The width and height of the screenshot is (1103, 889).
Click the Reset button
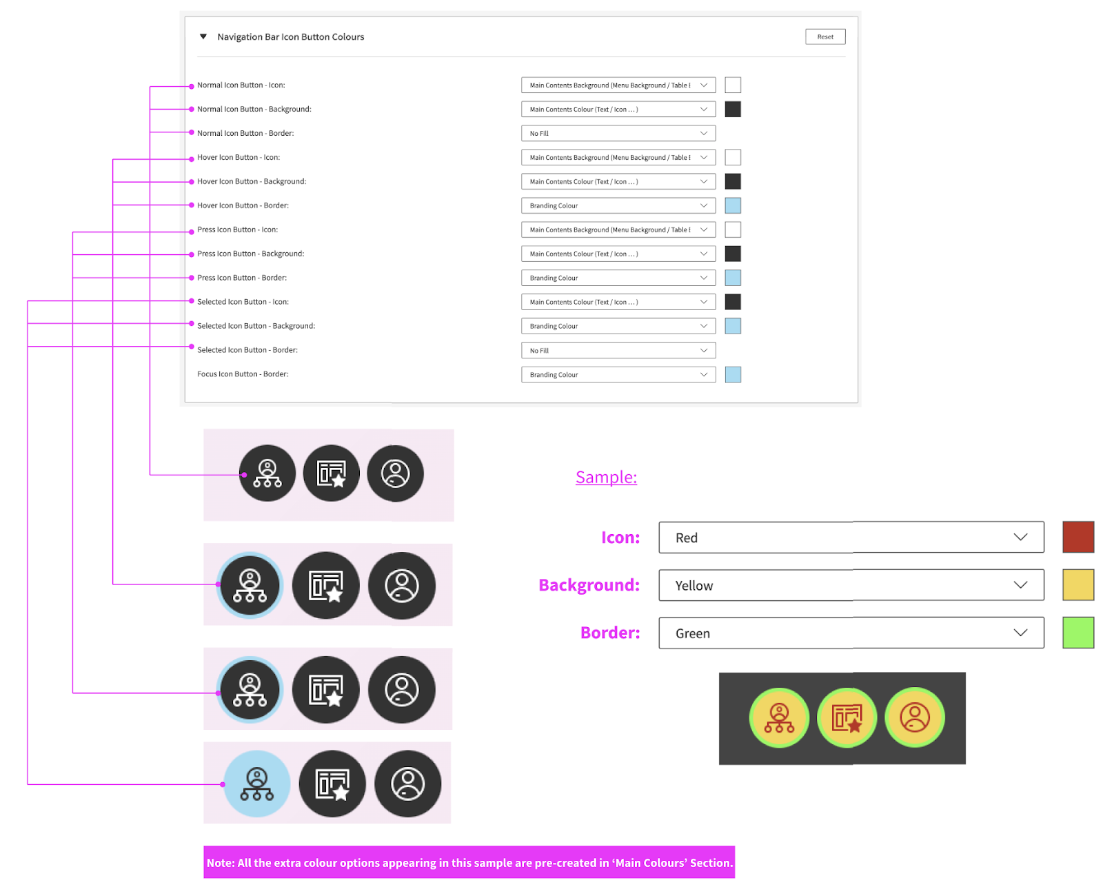(824, 37)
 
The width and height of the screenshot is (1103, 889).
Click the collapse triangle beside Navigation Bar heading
(203, 37)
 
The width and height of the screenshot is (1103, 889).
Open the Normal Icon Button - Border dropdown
(618, 133)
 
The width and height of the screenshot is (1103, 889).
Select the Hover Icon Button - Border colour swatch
(733, 205)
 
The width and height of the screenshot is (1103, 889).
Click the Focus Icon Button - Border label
(243, 374)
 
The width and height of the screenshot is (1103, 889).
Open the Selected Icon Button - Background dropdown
(618, 326)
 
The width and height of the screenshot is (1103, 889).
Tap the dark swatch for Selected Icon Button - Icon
(733, 302)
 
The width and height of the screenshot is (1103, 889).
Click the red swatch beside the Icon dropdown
(1078, 538)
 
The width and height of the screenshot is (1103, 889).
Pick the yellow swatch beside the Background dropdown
(1078, 585)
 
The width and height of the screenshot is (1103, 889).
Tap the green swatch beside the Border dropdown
(1078, 633)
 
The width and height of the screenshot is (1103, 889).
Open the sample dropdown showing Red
(851, 538)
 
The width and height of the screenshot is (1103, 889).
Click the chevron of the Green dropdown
(1020, 633)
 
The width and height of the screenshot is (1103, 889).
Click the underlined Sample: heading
(606, 477)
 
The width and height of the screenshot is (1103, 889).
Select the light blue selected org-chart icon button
(257, 784)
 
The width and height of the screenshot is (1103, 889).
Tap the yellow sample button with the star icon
(847, 717)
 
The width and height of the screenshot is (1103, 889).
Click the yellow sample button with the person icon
(915, 717)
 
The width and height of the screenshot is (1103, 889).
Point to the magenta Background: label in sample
(589, 585)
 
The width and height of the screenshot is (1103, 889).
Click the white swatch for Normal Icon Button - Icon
(733, 85)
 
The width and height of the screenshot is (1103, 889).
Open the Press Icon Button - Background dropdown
(618, 254)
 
